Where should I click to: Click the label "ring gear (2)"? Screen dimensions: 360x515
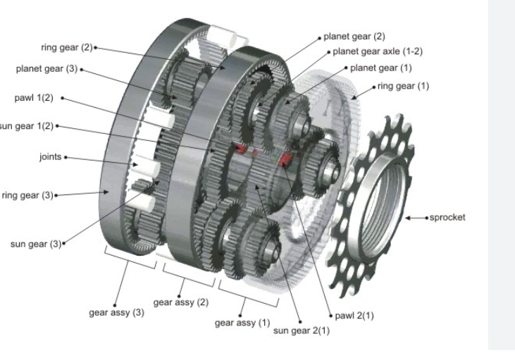click(x=67, y=48)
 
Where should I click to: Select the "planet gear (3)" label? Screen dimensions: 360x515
click(x=48, y=70)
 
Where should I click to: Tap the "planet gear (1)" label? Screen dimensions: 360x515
click(x=381, y=68)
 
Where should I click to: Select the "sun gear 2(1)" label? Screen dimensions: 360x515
click(x=294, y=329)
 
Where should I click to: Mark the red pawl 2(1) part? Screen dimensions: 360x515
click(x=286, y=159)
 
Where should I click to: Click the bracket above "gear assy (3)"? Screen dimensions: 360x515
click(x=131, y=259)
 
